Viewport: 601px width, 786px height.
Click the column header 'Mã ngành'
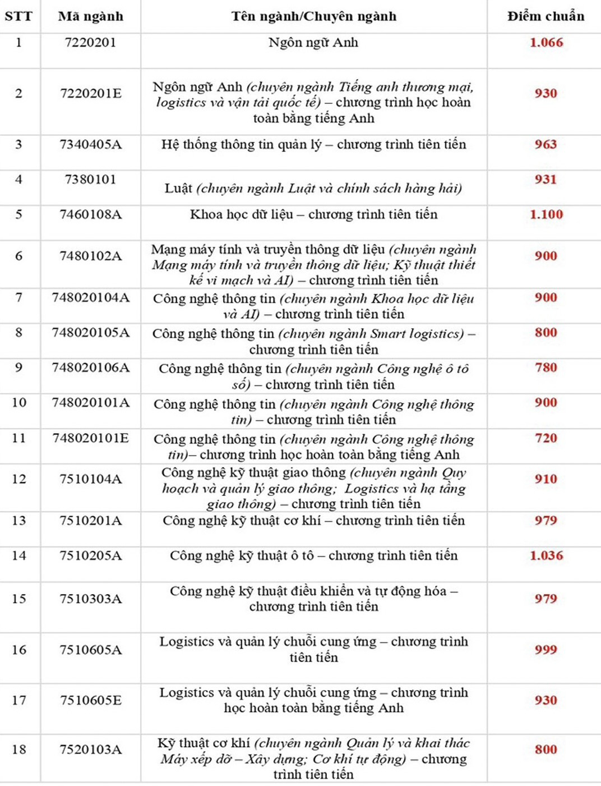[90, 16]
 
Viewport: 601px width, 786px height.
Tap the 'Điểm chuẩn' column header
[545, 16]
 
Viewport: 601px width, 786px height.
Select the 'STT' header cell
[19, 16]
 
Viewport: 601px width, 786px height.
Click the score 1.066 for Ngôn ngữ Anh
[546, 43]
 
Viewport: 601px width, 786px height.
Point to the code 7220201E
[90, 94]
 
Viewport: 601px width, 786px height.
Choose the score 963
[545, 145]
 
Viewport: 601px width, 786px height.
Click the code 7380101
[90, 180]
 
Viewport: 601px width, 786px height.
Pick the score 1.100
[546, 214]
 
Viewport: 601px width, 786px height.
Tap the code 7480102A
[90, 256]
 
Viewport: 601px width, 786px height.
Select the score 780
[545, 367]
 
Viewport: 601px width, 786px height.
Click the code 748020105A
[90, 333]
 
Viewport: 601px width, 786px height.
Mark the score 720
[545, 438]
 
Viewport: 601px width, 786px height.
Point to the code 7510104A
[90, 479]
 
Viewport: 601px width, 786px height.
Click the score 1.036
[546, 556]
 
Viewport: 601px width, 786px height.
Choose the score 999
[545, 650]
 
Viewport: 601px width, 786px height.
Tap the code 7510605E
[90, 700]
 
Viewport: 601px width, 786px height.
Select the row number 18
[19, 750]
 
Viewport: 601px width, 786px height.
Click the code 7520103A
[90, 750]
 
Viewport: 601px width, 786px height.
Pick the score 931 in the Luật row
[545, 180]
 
